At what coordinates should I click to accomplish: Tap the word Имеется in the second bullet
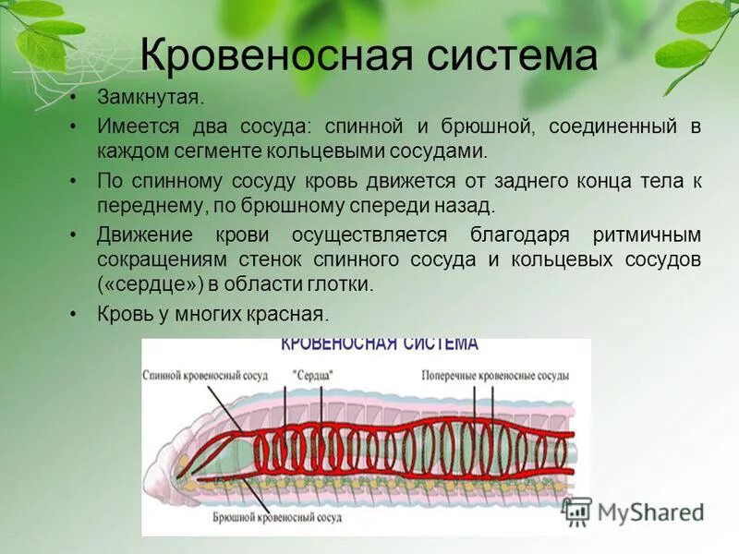(132, 126)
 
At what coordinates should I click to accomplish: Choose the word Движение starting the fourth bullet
(138, 235)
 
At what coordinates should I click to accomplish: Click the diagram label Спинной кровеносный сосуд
(205, 377)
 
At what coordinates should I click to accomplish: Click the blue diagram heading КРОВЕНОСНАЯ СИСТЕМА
(379, 344)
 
